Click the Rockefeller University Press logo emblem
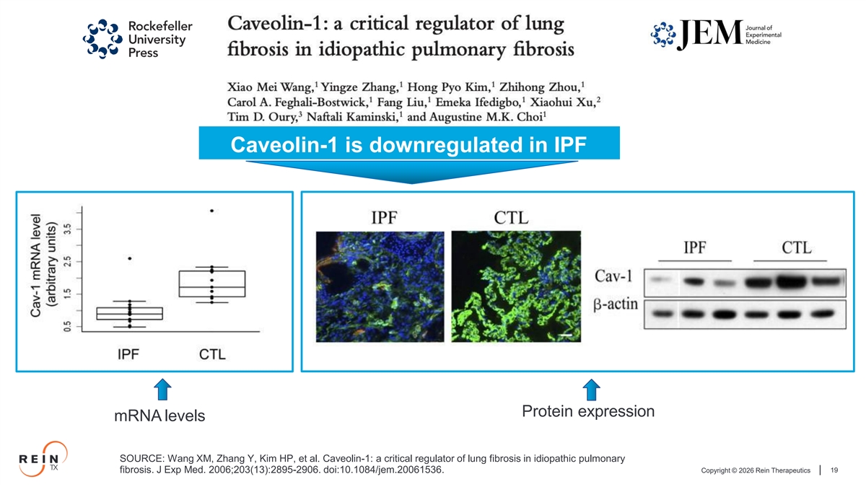[102, 39]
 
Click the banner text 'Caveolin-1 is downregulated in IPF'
[408, 144]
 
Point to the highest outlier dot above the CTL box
[212, 211]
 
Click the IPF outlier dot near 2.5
[130, 258]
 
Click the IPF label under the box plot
[128, 354]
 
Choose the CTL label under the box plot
[212, 354]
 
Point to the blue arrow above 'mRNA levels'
[163, 389]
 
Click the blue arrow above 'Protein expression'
[591, 390]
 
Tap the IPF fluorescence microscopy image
[380, 286]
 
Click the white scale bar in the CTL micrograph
[566, 335]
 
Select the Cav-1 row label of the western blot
[613, 276]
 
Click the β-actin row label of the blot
[616, 304]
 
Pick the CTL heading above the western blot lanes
[797, 247]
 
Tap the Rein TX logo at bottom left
[43, 459]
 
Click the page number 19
[834, 470]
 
